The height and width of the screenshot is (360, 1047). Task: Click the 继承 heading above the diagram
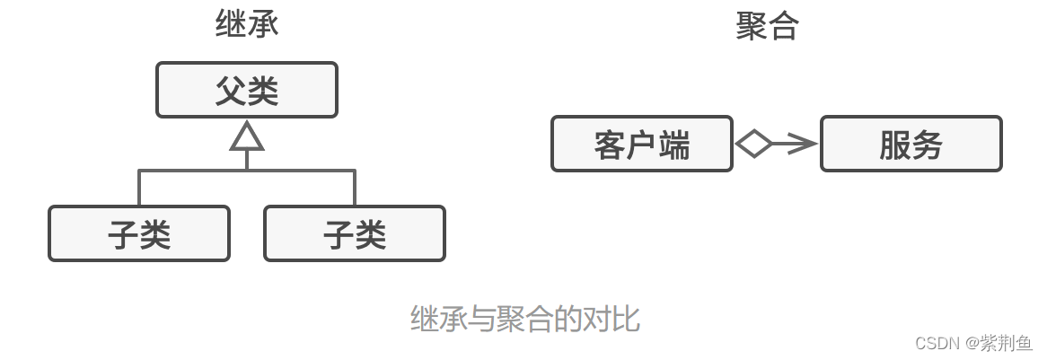(247, 24)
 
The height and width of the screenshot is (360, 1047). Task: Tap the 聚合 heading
(767, 26)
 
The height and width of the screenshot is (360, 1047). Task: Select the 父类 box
(247, 90)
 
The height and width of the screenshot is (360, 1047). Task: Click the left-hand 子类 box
(139, 233)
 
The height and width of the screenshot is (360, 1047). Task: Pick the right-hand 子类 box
(355, 233)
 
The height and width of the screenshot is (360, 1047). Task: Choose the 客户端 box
(642, 144)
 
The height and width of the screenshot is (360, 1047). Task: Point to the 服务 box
(911, 144)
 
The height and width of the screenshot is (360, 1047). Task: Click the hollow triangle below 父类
(247, 136)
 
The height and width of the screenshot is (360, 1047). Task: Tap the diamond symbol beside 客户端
(754, 144)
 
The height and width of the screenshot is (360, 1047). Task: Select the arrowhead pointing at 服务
(804, 144)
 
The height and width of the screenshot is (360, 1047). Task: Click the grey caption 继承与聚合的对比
(524, 319)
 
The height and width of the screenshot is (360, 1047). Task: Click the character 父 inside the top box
(231, 90)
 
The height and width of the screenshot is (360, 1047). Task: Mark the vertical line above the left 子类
(139, 188)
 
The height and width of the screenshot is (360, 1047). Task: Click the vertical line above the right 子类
(355, 188)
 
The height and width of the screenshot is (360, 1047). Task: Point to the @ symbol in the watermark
(973, 343)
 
